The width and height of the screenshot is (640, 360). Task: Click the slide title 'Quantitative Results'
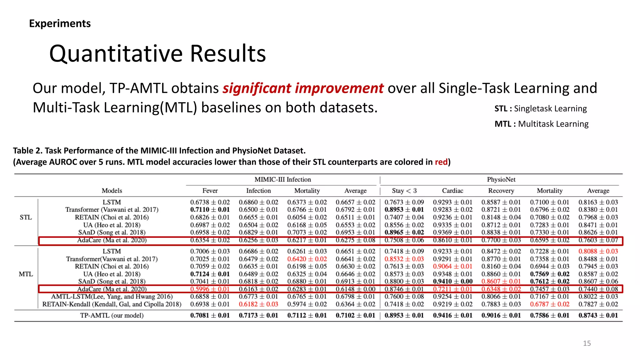[x=157, y=54]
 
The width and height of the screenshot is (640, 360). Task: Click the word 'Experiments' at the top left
[x=60, y=23]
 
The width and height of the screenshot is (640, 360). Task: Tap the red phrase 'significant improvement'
[x=303, y=88]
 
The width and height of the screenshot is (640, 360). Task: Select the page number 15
[x=587, y=343]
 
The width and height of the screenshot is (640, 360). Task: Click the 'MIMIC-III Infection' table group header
[x=282, y=179]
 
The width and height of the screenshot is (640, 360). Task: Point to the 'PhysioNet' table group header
[x=501, y=179]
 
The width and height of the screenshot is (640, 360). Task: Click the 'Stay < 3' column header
[x=404, y=191]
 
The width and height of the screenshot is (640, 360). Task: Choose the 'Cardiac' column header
[x=452, y=191]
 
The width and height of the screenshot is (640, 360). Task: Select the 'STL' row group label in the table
[x=26, y=217]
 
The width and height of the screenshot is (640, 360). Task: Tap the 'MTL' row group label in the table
[x=26, y=274]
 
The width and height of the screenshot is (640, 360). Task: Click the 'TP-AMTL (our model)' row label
[x=112, y=315]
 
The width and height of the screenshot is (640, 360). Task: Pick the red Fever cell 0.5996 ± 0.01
[x=210, y=289]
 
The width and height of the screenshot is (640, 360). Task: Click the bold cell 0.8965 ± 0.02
[x=404, y=232]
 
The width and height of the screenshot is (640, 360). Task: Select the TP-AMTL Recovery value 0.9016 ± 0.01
[x=501, y=315]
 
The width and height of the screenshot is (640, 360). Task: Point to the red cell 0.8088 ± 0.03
[x=598, y=251]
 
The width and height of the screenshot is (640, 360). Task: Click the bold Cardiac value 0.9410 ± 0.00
[x=452, y=281]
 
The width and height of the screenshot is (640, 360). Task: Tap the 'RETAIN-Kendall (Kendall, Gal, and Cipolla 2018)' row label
[x=112, y=304]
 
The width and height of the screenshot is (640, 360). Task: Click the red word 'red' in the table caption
[x=441, y=162]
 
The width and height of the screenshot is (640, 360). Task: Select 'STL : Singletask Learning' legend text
[x=540, y=108]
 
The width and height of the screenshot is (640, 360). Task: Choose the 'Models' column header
[x=112, y=191]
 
